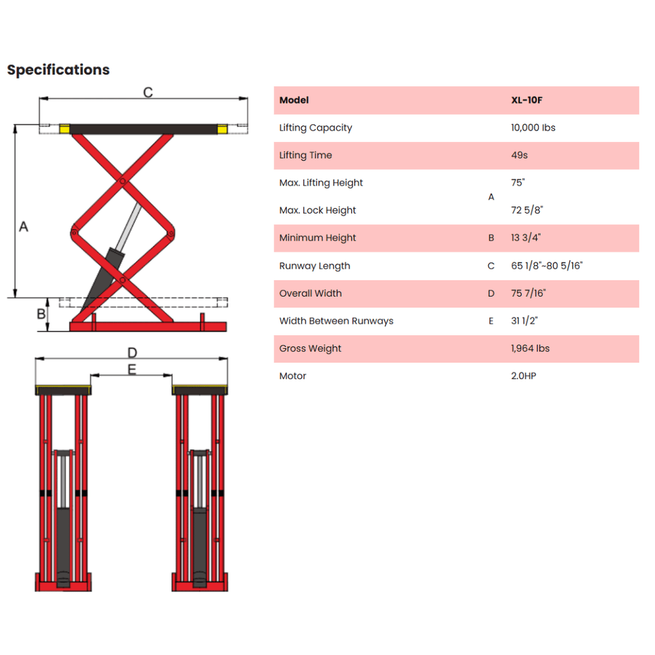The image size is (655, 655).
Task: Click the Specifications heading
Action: [x=58, y=70]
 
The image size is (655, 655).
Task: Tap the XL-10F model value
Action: [x=527, y=100]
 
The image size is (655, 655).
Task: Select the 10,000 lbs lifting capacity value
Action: [x=533, y=128]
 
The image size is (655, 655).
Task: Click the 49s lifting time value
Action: [x=519, y=155]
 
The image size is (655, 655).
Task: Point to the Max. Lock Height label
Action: [x=317, y=210]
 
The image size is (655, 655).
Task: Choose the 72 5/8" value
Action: [x=527, y=210]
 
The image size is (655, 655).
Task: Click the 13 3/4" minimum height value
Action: [x=526, y=238]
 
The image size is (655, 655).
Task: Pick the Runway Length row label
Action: [x=315, y=266]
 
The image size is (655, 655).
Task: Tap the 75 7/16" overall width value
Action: [x=528, y=293]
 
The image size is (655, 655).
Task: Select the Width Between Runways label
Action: [x=336, y=321]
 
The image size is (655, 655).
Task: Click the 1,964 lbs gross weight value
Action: [x=530, y=349]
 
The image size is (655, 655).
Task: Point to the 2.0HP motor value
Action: [x=523, y=376]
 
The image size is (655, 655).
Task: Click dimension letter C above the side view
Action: [x=148, y=92]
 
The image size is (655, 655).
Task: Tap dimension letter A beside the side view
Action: [x=24, y=227]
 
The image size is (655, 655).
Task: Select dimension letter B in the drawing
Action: [x=41, y=313]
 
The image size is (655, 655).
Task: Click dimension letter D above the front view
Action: [x=132, y=353]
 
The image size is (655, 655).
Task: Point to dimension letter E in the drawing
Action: [x=132, y=370]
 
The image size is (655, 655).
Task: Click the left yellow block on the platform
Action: [x=65, y=129]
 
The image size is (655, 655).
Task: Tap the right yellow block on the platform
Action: [x=223, y=129]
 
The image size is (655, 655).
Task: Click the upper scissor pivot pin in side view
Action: [x=122, y=181]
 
